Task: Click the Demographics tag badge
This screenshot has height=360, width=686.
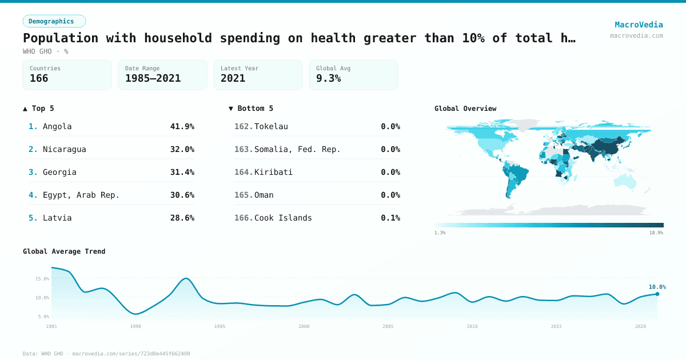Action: (x=54, y=21)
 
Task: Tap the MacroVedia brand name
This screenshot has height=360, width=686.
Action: (x=639, y=25)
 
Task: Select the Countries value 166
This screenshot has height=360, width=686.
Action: (x=39, y=78)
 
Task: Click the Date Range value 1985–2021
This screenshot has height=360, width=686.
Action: (x=153, y=78)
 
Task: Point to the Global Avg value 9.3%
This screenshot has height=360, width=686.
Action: (x=328, y=78)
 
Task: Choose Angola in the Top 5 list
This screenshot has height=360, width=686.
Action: (x=57, y=126)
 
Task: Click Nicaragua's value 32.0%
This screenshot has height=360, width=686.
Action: (x=182, y=149)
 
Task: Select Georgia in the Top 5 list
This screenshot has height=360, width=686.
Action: (x=59, y=172)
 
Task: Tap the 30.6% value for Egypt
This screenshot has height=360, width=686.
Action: (x=182, y=195)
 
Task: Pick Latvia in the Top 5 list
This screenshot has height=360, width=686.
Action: (x=57, y=218)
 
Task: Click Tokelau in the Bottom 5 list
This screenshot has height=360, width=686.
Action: (x=271, y=126)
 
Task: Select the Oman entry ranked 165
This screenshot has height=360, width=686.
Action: (x=264, y=195)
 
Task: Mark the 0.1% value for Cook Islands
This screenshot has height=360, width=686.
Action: (x=390, y=218)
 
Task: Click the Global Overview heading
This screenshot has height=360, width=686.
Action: (x=465, y=109)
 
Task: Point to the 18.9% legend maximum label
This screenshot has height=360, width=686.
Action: (x=656, y=233)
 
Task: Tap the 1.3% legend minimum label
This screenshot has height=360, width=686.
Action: (x=440, y=233)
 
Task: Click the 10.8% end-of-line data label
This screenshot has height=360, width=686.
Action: (x=657, y=287)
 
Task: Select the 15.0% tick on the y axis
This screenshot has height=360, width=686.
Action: (x=42, y=279)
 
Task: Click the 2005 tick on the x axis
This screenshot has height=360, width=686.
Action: (x=388, y=326)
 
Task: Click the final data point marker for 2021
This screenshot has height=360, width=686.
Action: (x=657, y=294)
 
